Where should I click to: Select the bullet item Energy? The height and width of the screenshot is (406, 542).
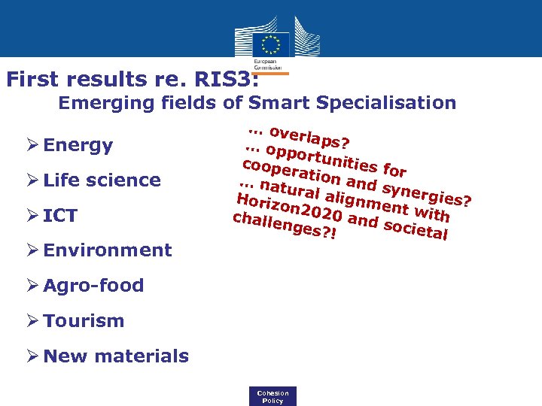tap(78, 145)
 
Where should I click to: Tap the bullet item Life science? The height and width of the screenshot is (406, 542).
tap(102, 180)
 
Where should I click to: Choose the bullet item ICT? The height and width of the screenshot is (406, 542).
tap(60, 216)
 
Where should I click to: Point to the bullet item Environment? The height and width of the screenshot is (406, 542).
tap(108, 250)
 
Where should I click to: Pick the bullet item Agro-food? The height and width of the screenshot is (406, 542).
tap(93, 286)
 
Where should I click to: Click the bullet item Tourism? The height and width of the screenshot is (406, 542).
tap(84, 321)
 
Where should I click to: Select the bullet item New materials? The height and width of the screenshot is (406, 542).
tap(116, 356)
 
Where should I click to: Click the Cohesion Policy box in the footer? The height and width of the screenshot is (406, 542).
tap(273, 396)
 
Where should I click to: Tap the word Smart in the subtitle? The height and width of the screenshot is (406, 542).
tap(276, 103)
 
